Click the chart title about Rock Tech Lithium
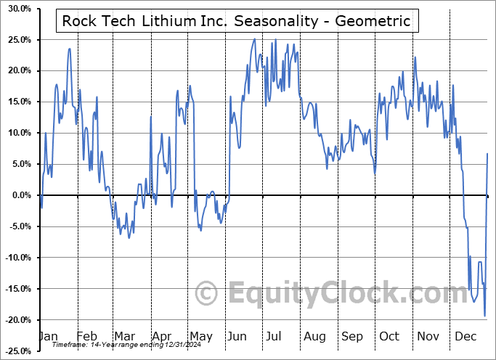coord(236,21)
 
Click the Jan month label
coord(48,336)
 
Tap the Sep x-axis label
coord(352,336)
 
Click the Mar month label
coord(124,336)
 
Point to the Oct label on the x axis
coord(390,336)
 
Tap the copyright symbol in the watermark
coord(208,294)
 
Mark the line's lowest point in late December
coord(484,316)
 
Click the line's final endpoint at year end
coord(487,154)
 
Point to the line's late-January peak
coord(69,49)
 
